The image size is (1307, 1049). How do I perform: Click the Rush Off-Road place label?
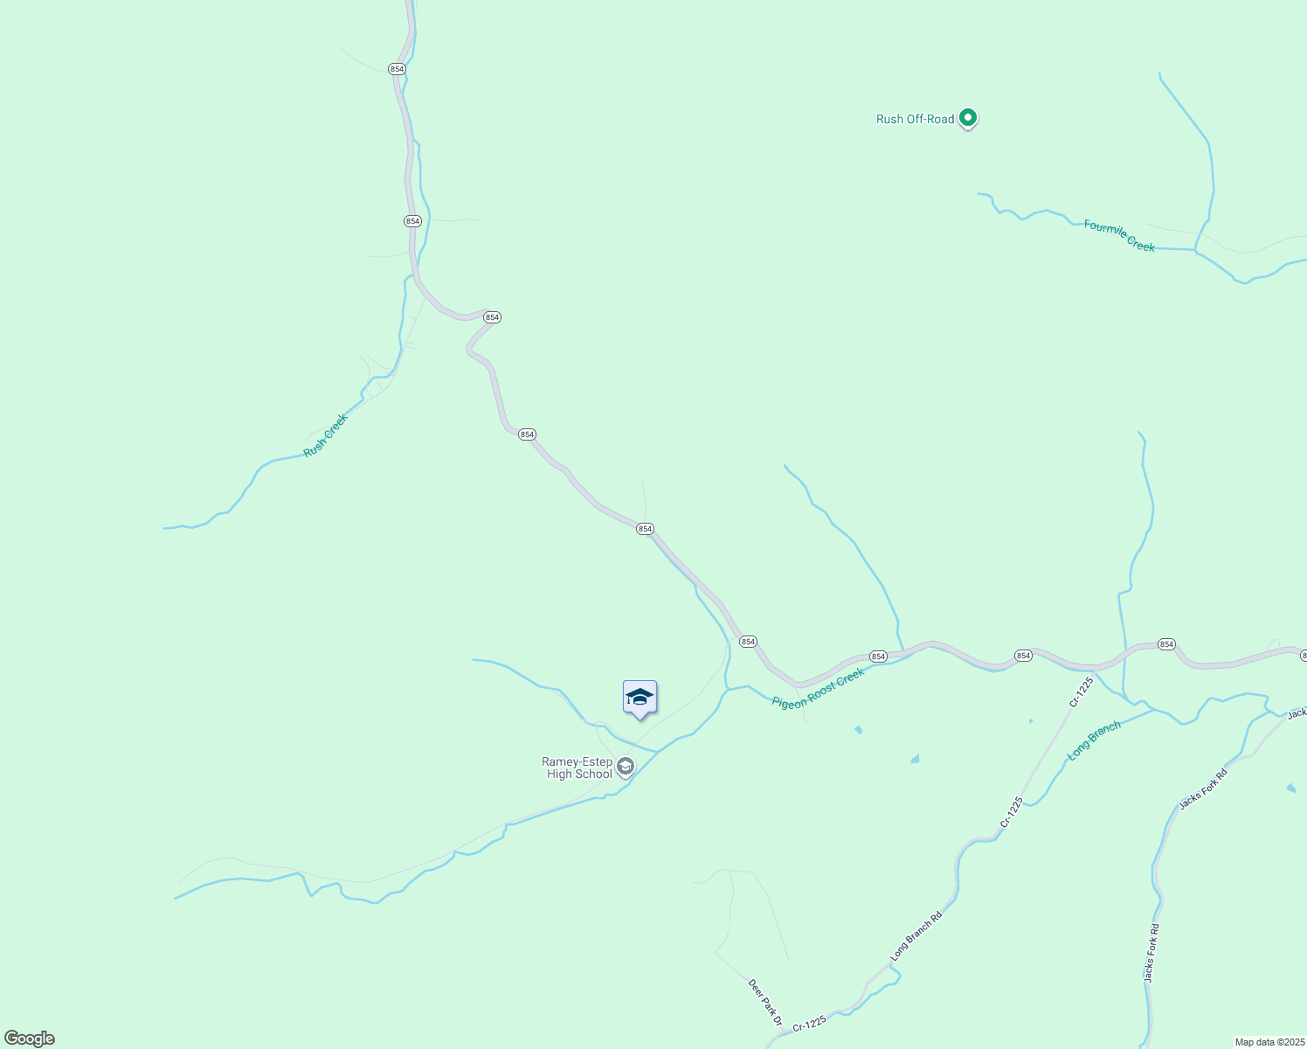[915, 120]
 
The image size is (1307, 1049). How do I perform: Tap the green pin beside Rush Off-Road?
[967, 117]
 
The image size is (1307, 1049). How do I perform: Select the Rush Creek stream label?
[326, 435]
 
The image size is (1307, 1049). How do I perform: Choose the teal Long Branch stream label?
[1094, 740]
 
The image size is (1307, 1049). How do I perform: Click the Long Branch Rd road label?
[916, 936]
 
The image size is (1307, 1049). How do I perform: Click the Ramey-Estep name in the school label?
[577, 761]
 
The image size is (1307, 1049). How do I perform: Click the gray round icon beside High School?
[625, 767]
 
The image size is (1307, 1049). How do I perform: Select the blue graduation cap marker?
[640, 698]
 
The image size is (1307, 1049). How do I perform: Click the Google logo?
[29, 1039]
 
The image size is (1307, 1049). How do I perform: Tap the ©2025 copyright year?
[1290, 1042]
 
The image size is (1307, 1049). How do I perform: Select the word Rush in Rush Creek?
[315, 446]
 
